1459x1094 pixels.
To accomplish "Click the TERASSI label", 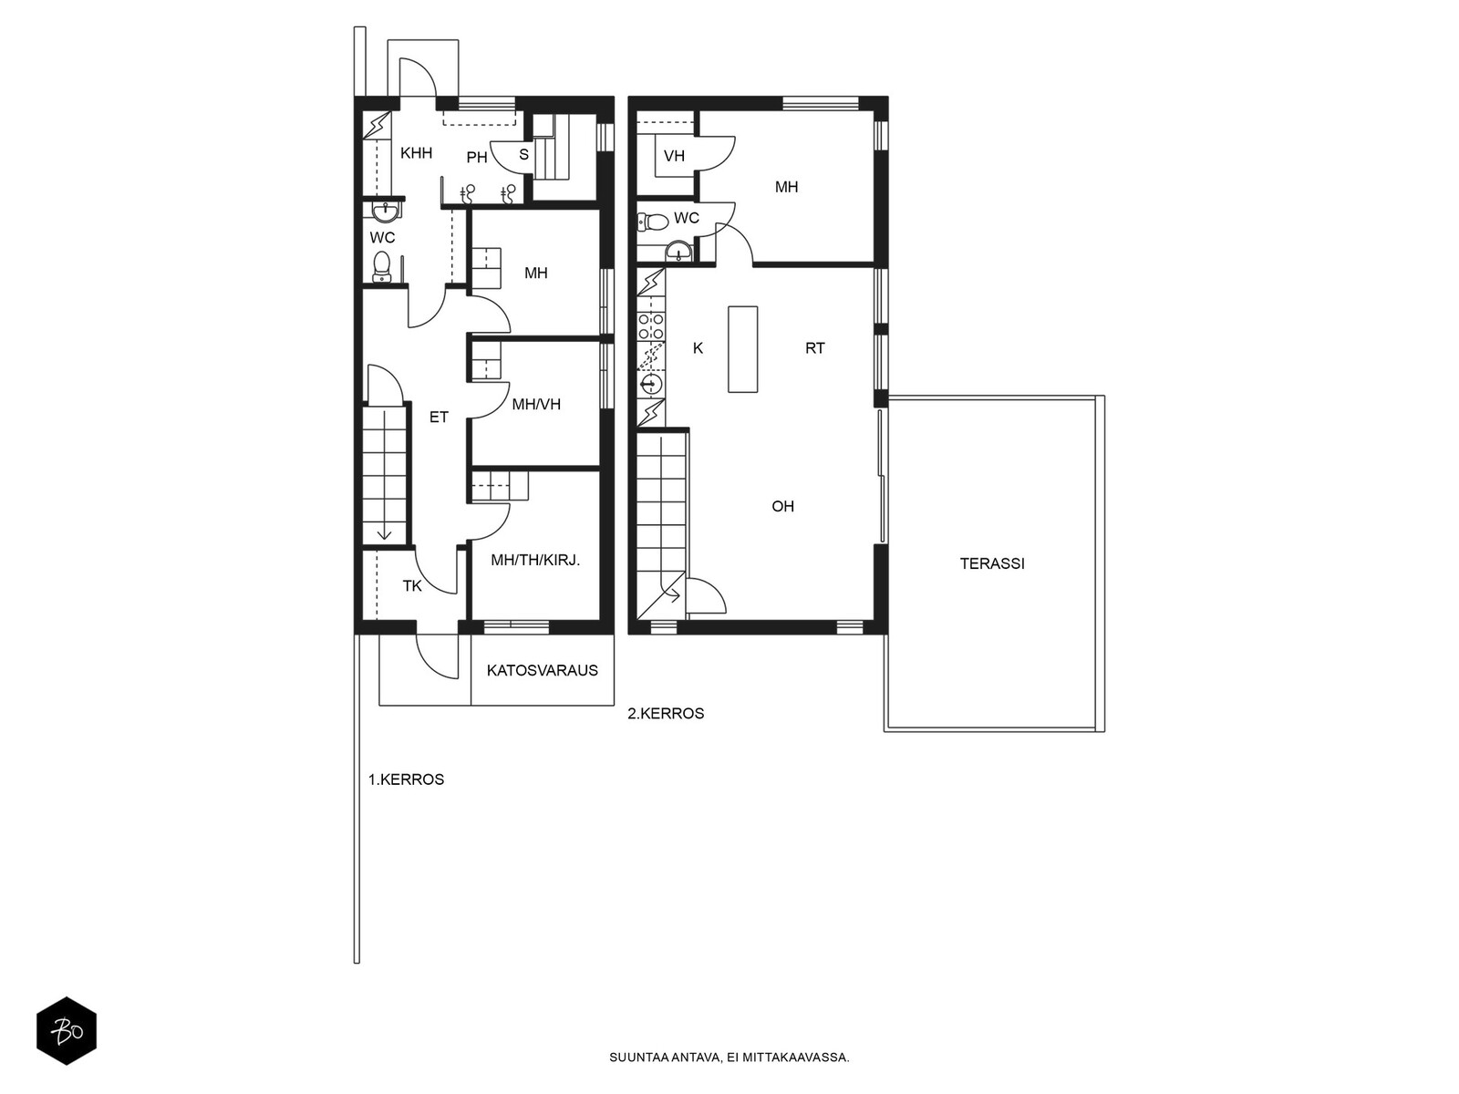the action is tap(992, 563).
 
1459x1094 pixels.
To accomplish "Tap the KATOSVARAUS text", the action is tap(543, 670).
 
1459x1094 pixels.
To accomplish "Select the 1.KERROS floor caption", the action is tap(406, 779).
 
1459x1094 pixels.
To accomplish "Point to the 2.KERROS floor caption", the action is tap(666, 714).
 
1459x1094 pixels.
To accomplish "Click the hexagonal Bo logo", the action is tap(67, 1031).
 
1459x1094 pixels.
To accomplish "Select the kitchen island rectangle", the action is tap(742, 349).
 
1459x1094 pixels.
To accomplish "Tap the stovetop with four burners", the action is tap(651, 326).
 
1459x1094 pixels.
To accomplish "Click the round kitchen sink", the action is tap(651, 384).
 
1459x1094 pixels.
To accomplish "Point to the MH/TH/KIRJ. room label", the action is tap(535, 560).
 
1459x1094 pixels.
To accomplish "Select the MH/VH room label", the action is tap(536, 404).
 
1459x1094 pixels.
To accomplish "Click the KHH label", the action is tap(416, 153).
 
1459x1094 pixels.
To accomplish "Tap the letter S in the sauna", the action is tap(523, 154).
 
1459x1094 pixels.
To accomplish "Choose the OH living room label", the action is tap(783, 506).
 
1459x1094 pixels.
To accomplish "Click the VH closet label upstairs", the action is tap(674, 155).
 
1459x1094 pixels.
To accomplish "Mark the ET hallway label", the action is tap(439, 418).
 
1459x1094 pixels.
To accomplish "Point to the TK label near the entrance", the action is tap(412, 585).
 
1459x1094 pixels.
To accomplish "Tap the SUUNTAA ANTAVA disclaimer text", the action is tap(729, 1058).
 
